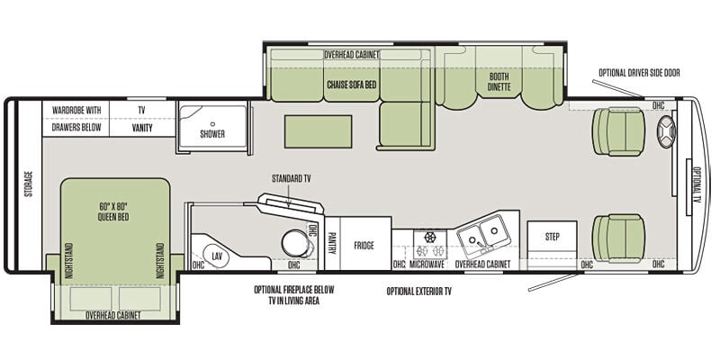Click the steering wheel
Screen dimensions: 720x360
point(667,131)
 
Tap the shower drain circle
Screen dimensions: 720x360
point(212,124)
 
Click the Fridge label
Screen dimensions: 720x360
point(364,246)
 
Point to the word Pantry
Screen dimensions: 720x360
point(332,243)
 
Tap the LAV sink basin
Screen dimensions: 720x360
point(217,256)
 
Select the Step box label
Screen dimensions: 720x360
point(553,237)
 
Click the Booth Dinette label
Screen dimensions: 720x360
point(499,81)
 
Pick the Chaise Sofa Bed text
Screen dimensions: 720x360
point(352,85)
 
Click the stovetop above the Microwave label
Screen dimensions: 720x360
point(430,244)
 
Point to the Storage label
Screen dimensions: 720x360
point(29,184)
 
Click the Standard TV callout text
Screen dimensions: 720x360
point(291,178)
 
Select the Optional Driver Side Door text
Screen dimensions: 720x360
point(639,73)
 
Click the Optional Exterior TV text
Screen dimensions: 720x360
point(418,292)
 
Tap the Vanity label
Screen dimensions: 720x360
point(142,128)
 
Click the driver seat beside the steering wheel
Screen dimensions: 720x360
point(619,131)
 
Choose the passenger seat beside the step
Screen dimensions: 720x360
point(618,238)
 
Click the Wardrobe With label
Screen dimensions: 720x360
point(76,111)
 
